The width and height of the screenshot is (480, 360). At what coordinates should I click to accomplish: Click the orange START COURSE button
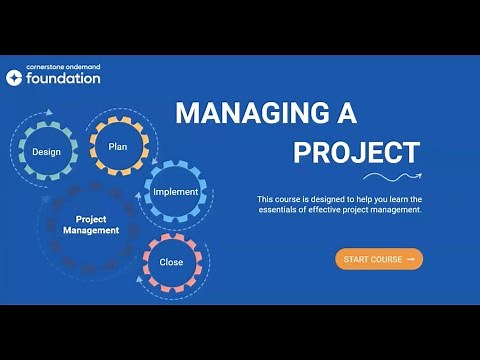[379, 259]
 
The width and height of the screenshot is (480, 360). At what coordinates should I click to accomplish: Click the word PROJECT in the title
[356, 153]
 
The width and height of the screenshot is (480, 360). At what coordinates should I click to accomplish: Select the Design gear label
[46, 152]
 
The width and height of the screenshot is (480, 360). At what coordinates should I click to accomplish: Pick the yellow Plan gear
[118, 146]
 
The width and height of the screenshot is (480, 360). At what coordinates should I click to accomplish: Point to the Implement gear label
[175, 192]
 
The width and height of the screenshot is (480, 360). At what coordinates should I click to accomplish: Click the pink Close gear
[171, 262]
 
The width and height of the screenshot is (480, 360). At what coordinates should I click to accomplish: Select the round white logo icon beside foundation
[14, 77]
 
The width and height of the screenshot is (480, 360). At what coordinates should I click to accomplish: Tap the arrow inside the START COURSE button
[410, 259]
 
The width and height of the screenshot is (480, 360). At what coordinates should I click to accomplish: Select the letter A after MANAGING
[346, 113]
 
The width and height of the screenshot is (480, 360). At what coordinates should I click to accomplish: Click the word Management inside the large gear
[91, 230]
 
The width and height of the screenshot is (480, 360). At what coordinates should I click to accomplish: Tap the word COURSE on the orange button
[386, 259]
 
